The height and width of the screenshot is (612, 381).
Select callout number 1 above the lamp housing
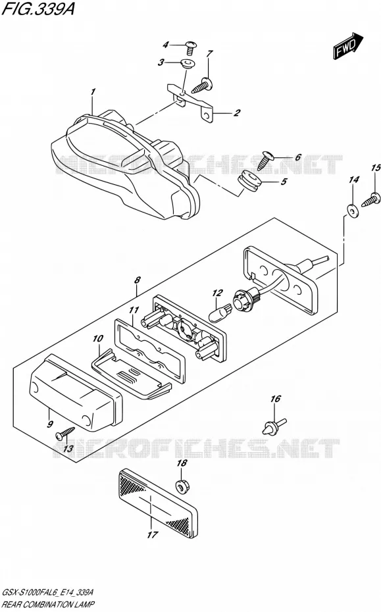tap(93, 92)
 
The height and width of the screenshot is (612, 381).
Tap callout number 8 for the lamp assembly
tap(137, 280)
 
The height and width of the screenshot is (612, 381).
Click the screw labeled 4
tap(191, 47)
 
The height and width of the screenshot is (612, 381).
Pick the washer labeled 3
tap(188, 64)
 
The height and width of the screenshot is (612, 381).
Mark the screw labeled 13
tap(65, 433)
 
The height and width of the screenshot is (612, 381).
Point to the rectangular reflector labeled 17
tap(157, 503)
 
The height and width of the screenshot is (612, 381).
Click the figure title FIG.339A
tap(38, 9)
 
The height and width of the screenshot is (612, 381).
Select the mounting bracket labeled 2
tap(191, 101)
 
